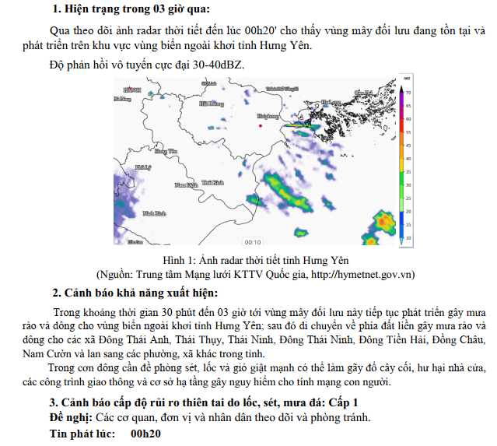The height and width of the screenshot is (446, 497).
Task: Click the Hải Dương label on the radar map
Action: tap(212, 103)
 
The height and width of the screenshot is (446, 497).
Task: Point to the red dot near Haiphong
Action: tap(261, 125)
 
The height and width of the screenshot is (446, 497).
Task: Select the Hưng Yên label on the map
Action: tap(166, 151)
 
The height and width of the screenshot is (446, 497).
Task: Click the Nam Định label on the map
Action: tap(186, 184)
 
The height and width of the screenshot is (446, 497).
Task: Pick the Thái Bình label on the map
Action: tap(212, 182)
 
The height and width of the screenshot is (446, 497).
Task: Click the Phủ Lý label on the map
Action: tap(142, 167)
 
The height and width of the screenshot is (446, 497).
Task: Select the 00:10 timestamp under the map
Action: tap(253, 241)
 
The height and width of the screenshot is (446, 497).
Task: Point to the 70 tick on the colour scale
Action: tap(408, 93)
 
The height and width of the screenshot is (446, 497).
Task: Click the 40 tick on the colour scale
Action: tap(408, 159)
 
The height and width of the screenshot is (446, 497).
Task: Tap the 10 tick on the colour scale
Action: tap(408, 237)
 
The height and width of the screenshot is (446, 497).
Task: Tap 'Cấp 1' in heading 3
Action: tap(341, 402)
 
